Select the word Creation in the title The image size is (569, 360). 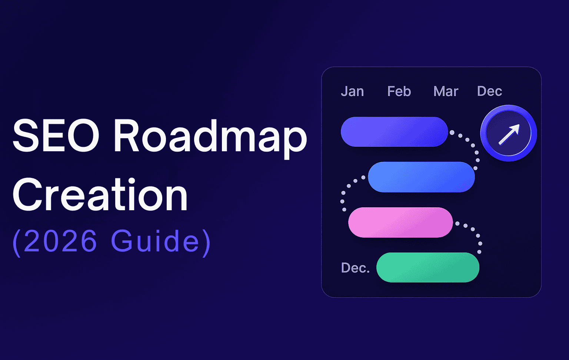tap(100, 195)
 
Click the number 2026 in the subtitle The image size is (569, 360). tap(60, 241)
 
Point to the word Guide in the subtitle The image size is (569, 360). tap(155, 241)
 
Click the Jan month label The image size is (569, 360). tap(352, 91)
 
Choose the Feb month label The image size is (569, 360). tap(399, 91)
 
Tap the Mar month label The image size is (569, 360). tap(446, 91)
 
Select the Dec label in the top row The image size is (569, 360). tap(489, 91)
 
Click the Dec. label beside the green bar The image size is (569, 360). tap(355, 267)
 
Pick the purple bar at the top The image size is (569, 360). tap(394, 132)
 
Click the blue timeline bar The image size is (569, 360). tap(422, 177)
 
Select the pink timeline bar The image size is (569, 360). tap(400, 222)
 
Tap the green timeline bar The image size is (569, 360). tap(428, 267)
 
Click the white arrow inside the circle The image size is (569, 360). tap(509, 135)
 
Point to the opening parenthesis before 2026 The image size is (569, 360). tap(17, 243)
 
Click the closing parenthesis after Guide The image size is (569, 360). tap(206, 243)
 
